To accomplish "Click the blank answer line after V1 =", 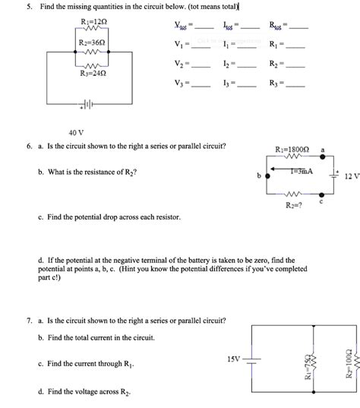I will [x=202, y=44].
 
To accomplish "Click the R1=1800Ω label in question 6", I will [x=293, y=149].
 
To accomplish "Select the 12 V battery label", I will [x=351, y=176].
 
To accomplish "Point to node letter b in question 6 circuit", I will [x=260, y=176].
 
